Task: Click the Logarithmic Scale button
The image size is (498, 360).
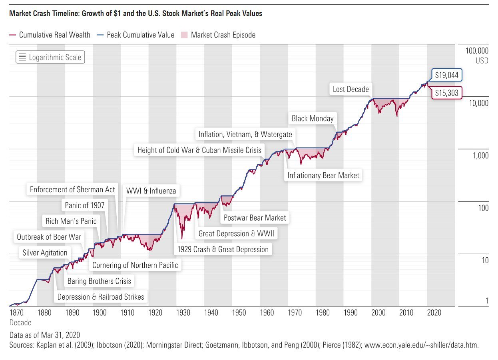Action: point(50,57)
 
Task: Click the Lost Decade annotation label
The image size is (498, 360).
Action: point(351,89)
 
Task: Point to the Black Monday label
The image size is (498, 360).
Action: point(312,118)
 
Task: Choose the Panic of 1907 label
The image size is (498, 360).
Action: point(84,205)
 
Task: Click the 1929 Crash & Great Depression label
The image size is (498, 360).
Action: point(223,249)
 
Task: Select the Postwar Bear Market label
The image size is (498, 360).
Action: point(255,218)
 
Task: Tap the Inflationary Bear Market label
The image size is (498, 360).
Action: point(323,175)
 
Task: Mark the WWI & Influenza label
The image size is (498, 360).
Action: point(151,191)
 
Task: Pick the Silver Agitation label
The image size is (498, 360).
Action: point(45,253)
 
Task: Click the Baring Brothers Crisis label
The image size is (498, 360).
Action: point(99,281)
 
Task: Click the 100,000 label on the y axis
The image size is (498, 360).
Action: point(477,51)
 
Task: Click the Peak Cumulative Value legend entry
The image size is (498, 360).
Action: point(141,35)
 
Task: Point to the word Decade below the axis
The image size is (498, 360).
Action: point(20,322)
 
